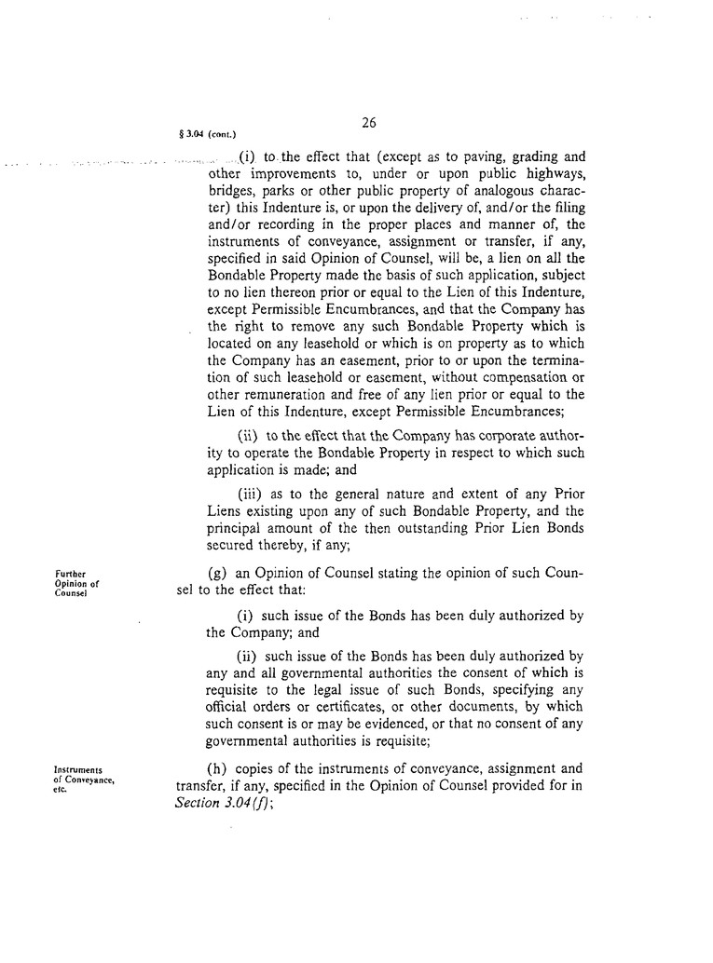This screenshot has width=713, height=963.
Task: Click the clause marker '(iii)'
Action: pyautogui.click(x=253, y=494)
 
